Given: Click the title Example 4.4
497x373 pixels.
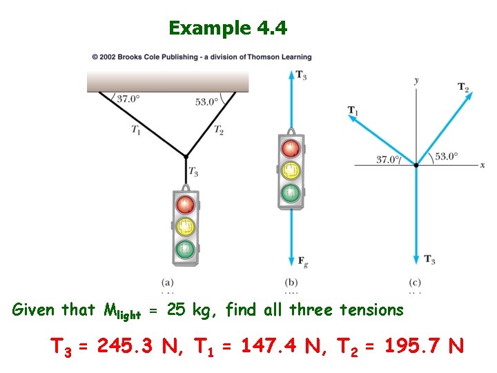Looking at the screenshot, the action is pyautogui.click(x=228, y=28).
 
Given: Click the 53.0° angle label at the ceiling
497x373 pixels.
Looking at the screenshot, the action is pyautogui.click(x=206, y=102).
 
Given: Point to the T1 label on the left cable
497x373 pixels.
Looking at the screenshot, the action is pyautogui.click(x=135, y=128).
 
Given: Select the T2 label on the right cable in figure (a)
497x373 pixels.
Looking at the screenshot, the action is pyautogui.click(x=218, y=130).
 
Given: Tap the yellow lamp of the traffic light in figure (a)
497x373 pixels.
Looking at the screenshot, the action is pyautogui.click(x=184, y=226).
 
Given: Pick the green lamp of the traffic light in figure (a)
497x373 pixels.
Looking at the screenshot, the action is pyautogui.click(x=184, y=247).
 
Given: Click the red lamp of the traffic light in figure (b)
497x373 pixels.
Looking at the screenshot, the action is pyautogui.click(x=291, y=148).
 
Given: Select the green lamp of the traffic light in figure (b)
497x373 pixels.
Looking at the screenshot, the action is pyautogui.click(x=291, y=191).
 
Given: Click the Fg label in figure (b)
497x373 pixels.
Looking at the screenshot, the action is pyautogui.click(x=302, y=261).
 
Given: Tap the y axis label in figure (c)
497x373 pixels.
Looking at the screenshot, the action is pyautogui.click(x=416, y=81).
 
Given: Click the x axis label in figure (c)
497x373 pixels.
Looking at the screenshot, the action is pyautogui.click(x=483, y=165).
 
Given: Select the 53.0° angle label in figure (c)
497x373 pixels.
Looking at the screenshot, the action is pyautogui.click(x=446, y=156).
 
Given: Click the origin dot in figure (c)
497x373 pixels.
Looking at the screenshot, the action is pyautogui.click(x=416, y=165).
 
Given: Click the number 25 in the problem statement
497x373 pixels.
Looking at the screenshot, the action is pyautogui.click(x=176, y=310).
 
